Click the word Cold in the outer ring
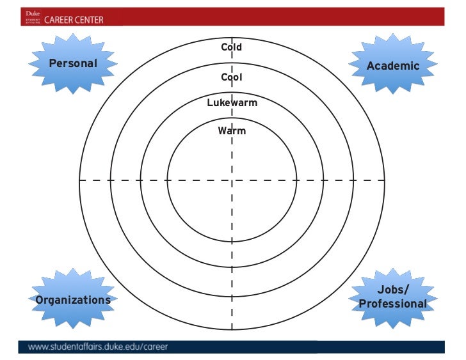click(232, 47)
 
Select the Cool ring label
click(232, 77)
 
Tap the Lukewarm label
click(232, 103)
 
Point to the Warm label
click(232, 131)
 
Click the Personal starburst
click(73, 63)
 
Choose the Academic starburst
click(393, 66)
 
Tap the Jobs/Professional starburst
click(393, 297)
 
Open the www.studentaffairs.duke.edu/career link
click(98, 348)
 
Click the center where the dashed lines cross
click(232, 180)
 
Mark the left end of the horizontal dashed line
click(80, 180)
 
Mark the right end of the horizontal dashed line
click(385, 180)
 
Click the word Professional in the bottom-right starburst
click(393, 304)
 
